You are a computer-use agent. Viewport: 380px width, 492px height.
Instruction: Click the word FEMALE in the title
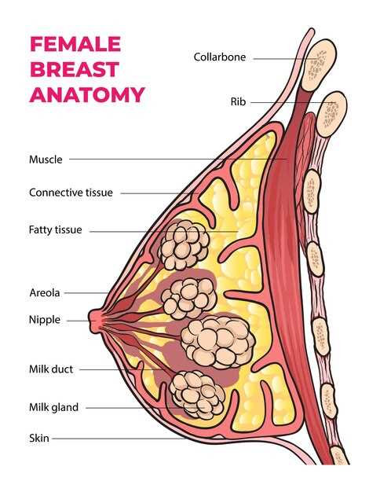click(x=75, y=44)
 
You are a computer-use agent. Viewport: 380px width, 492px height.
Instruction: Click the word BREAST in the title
click(x=75, y=69)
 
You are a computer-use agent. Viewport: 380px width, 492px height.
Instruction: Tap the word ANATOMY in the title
click(x=87, y=94)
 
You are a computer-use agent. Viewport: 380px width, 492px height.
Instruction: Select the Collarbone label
click(x=220, y=57)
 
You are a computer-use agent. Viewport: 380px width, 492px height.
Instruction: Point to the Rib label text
click(x=238, y=101)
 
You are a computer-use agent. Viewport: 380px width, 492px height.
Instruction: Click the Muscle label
click(x=46, y=160)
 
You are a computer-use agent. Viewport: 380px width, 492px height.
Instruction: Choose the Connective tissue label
click(x=71, y=193)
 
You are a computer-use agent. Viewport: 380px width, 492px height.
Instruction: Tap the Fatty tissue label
click(x=55, y=229)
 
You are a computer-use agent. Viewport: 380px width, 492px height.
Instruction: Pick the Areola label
click(x=45, y=292)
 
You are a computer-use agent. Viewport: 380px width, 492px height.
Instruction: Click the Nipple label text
click(x=45, y=320)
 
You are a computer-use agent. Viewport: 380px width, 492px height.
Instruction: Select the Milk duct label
click(x=51, y=369)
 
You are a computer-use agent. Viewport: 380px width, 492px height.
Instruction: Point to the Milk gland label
click(x=53, y=407)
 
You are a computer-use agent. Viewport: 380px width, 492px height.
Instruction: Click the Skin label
click(x=39, y=438)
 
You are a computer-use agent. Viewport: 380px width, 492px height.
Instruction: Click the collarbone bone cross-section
click(x=319, y=64)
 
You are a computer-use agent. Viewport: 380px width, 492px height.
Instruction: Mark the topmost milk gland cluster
click(x=184, y=244)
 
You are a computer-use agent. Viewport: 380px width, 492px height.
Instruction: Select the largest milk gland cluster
click(x=218, y=342)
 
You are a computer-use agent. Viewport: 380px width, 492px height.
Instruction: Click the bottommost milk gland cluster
click(x=197, y=395)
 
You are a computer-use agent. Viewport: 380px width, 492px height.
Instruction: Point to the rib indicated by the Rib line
click(x=332, y=114)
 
